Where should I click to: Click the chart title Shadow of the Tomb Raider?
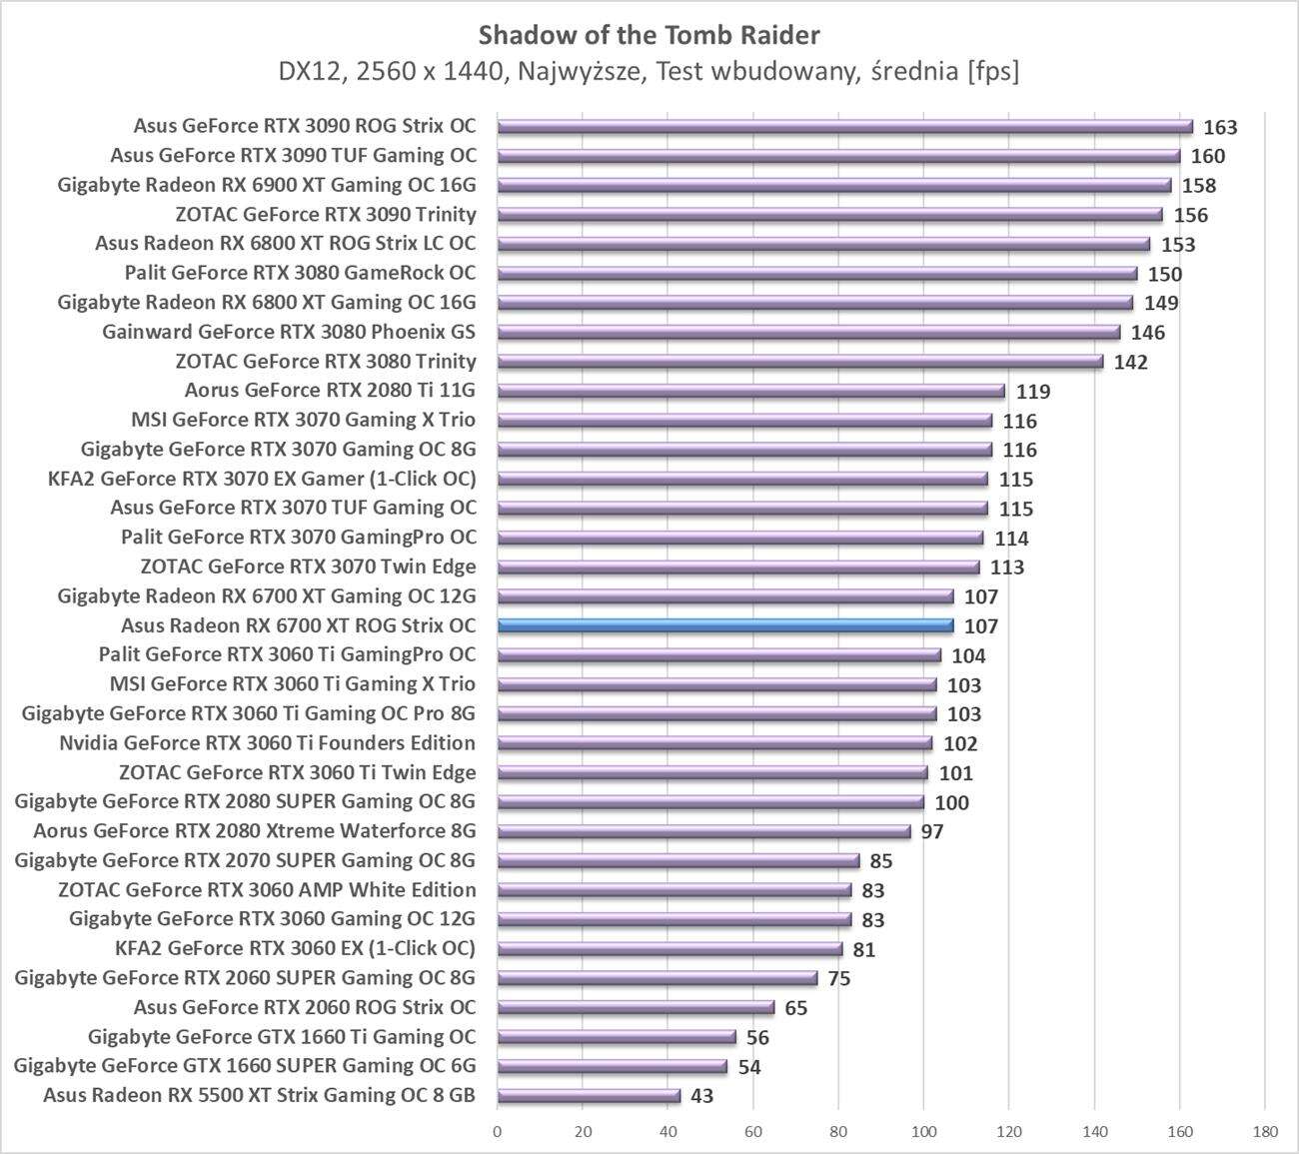point(649,35)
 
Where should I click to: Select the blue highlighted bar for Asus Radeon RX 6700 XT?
point(725,625)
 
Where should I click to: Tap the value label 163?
point(1220,127)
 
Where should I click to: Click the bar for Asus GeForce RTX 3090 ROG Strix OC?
point(844,126)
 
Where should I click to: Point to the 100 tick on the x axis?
point(923,1132)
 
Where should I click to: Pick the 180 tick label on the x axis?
point(1264,1132)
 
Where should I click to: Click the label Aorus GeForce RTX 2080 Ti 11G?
point(330,391)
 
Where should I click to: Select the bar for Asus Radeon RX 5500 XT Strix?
point(589,1095)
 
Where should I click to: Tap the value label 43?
point(701,1096)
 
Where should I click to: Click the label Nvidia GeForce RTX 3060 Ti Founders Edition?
point(267,743)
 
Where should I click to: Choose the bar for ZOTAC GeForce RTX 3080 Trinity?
point(799,361)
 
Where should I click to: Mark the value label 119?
point(1033,392)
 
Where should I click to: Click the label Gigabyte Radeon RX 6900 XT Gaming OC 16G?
point(267,185)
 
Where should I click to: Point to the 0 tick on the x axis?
point(498,1132)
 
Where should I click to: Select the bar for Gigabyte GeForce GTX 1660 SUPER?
point(612,1066)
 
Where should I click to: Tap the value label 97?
point(931,831)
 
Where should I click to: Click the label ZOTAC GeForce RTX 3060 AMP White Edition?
point(267,890)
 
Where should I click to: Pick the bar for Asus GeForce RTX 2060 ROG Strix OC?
point(636,1007)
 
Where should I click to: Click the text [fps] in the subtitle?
point(993,72)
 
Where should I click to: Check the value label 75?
point(838,978)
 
